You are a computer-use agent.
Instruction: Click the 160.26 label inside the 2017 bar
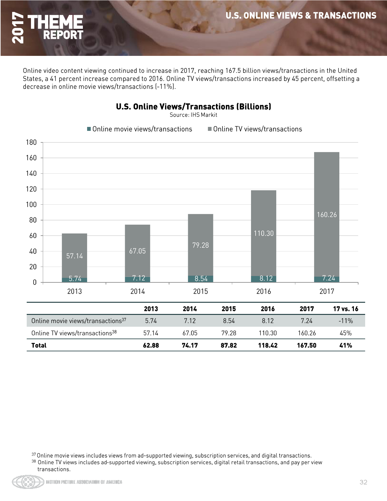tap(327, 215)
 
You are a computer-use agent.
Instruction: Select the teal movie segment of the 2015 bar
tap(200, 279)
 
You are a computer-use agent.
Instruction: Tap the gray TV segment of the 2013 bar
tap(74, 255)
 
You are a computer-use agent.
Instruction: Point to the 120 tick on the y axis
tap(31, 189)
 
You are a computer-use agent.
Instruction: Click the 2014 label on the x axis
tap(137, 291)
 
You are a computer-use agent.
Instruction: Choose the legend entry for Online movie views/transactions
tap(140, 129)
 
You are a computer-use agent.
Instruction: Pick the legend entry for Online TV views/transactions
tap(255, 129)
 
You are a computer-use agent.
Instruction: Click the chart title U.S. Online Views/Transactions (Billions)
tap(193, 107)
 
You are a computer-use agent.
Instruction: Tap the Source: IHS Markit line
tap(193, 115)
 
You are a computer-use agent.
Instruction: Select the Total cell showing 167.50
tap(307, 345)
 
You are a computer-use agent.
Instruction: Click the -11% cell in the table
tap(346, 321)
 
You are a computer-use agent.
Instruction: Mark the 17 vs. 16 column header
tap(345, 309)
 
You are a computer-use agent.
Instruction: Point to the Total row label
tap(39, 345)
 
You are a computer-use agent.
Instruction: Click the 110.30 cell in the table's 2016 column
tap(268, 333)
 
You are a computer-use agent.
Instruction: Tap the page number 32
tap(363, 482)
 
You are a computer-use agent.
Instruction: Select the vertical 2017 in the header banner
tap(18, 28)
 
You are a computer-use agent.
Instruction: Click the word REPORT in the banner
tap(63, 35)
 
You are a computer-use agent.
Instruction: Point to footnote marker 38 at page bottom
tap(34, 461)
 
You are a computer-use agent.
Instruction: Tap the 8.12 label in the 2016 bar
tap(266, 278)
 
